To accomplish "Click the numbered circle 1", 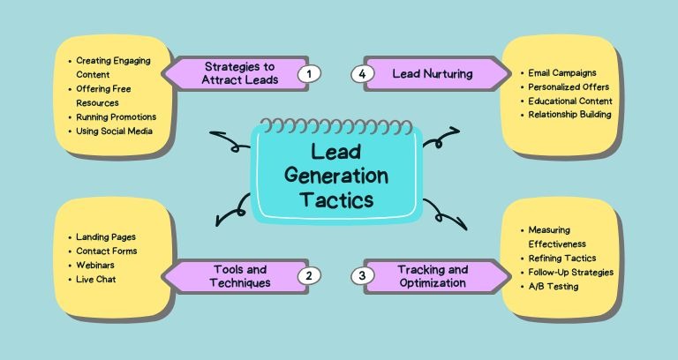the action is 307,74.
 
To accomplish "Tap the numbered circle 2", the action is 309,276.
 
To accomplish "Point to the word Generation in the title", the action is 338,175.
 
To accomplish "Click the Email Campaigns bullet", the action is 563,73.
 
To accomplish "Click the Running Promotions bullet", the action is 116,117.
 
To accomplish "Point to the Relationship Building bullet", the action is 569,115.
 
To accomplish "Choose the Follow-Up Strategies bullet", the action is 569,272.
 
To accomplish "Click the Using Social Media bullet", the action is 114,131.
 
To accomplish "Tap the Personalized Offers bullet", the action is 565,87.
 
